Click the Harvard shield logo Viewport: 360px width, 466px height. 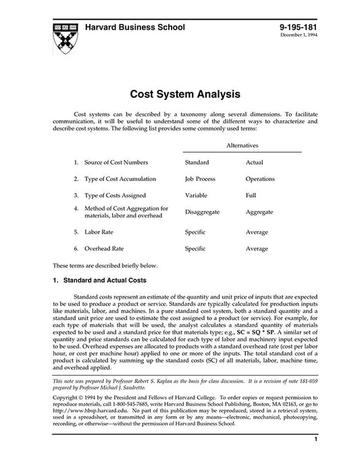[x=61, y=34]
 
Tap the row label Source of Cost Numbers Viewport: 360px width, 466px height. [x=115, y=163]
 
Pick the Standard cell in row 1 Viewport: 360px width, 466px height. [x=197, y=163]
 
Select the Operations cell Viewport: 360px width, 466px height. [x=260, y=179]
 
